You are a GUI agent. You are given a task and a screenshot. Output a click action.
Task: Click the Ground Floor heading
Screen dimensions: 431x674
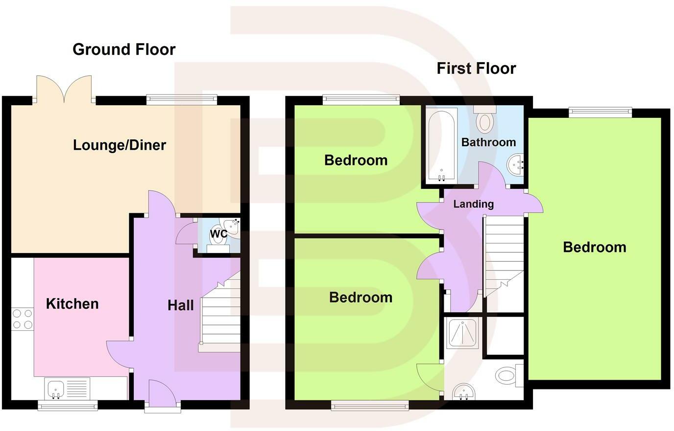[x=124, y=49]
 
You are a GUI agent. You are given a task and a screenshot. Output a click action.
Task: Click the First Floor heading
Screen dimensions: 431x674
[x=476, y=68]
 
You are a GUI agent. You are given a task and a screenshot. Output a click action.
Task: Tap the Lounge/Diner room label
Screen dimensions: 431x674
[x=120, y=145]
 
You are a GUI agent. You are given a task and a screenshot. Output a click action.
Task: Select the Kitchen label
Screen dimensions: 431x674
[x=72, y=304]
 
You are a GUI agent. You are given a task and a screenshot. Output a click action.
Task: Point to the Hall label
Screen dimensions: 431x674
[x=181, y=306]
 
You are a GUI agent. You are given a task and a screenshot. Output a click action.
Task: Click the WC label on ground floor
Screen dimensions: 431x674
[x=218, y=234]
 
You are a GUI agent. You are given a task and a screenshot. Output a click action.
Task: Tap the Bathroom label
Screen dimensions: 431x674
[x=488, y=142]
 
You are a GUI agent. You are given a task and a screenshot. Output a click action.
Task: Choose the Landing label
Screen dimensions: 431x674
[x=473, y=204]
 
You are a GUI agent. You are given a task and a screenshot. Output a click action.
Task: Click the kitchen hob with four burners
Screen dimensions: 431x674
[x=22, y=318]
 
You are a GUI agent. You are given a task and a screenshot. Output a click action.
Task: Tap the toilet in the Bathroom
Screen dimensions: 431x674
[x=485, y=119]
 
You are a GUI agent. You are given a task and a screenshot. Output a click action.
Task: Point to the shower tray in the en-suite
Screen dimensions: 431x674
[x=462, y=333]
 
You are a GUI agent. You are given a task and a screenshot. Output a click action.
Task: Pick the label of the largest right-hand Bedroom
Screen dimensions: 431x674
[x=594, y=247]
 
